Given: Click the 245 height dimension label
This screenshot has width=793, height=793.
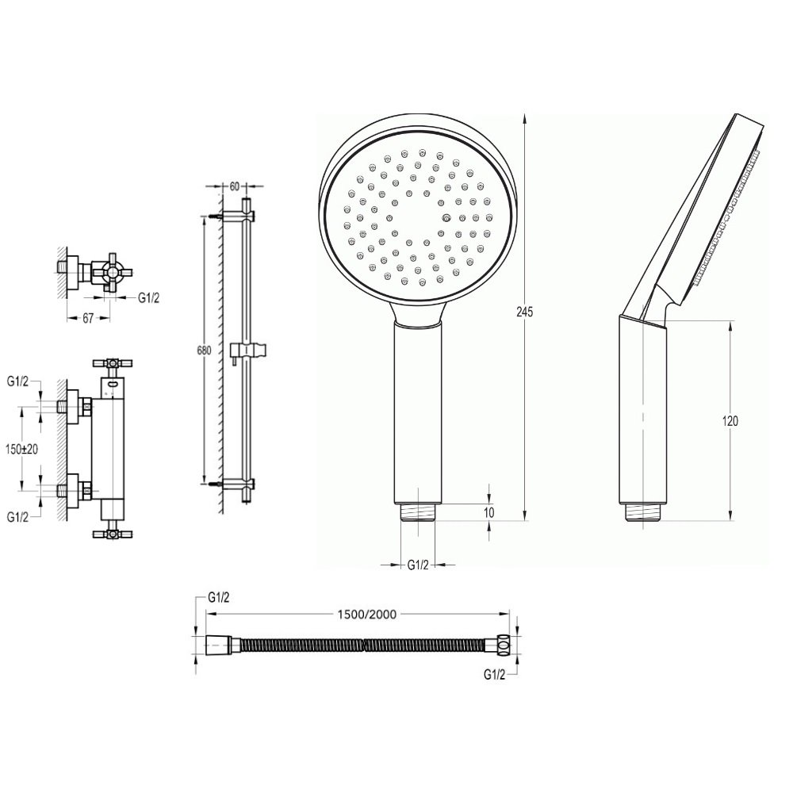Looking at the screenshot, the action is (x=524, y=312).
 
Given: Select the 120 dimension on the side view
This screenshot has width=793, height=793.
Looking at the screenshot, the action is (x=730, y=421).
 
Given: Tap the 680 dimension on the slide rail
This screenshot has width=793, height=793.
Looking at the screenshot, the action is (x=204, y=351).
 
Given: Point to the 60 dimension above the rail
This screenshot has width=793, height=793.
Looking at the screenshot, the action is (x=234, y=186).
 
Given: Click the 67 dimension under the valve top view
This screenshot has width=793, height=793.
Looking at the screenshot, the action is (x=88, y=319).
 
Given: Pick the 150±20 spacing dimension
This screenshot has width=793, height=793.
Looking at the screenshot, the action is (x=21, y=449).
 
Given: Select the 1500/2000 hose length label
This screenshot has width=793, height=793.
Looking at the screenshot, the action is (x=366, y=615).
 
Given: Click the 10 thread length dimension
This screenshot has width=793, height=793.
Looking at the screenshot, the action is (x=488, y=512).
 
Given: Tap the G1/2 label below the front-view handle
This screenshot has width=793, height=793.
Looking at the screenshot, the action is (x=418, y=565).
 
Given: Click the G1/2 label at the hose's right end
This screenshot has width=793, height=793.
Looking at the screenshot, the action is (x=495, y=675).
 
